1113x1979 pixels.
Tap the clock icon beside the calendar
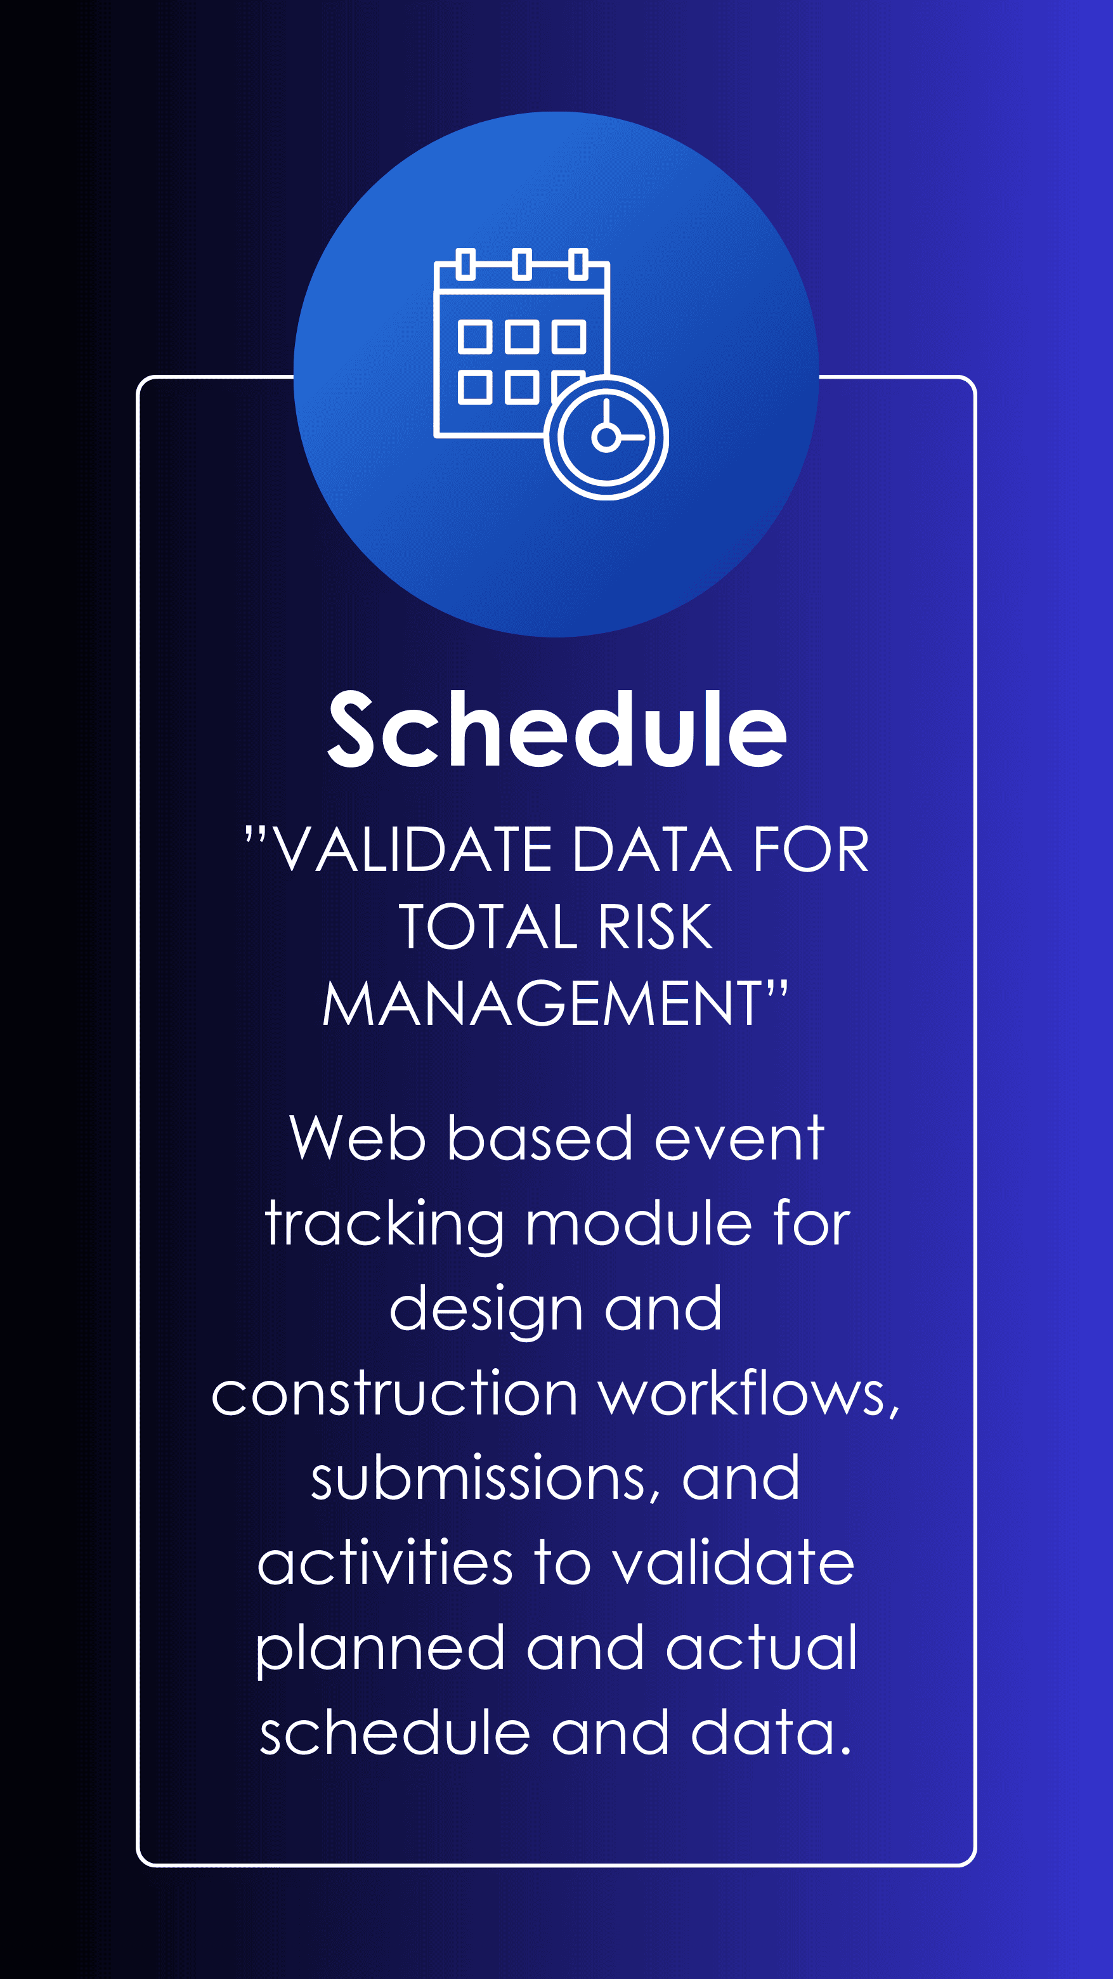606,437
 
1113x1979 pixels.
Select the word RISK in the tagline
655,927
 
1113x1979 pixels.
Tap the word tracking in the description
384,1224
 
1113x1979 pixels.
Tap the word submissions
485,1478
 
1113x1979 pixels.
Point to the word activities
385,1563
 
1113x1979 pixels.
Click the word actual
761,1648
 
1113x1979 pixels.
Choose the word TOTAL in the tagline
487,927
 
